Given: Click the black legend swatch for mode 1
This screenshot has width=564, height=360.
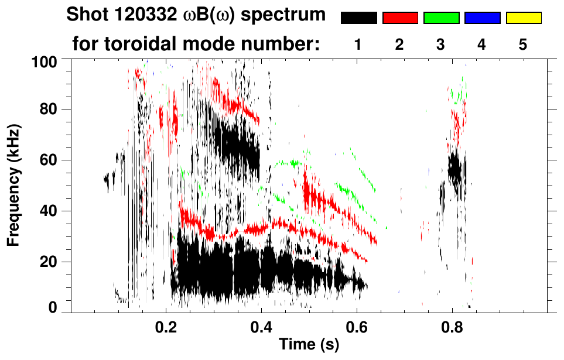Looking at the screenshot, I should tap(359, 18).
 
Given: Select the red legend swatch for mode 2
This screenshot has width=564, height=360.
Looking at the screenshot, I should tap(400, 18).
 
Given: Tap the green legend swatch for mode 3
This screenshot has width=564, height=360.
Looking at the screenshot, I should tap(441, 18).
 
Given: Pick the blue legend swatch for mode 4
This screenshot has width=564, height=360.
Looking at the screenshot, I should tap(483, 18).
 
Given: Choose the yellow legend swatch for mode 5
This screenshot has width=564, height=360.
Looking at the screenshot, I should tap(524, 18).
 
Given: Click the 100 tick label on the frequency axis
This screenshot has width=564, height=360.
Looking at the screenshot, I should tap(44, 60).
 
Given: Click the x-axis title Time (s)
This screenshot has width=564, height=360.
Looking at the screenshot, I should tap(308, 345).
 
